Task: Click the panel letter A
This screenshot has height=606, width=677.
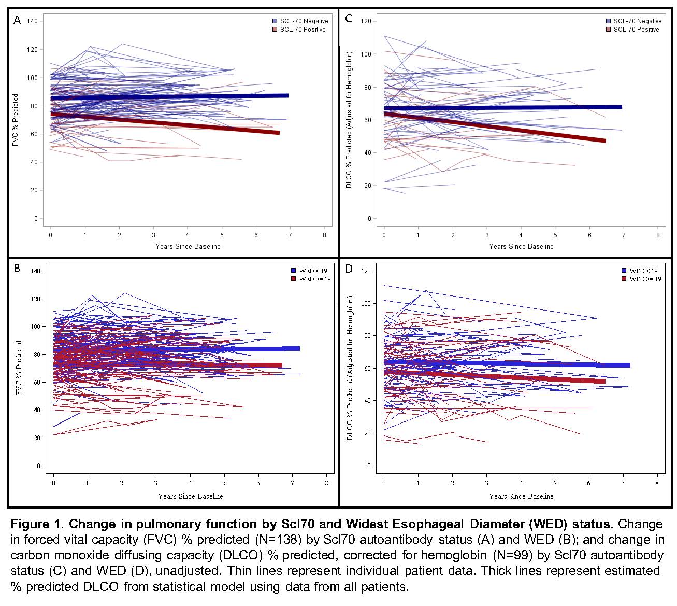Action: click(x=17, y=20)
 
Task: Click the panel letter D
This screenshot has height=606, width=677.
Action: click(x=349, y=269)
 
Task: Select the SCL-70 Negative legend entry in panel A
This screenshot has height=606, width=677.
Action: click(x=300, y=21)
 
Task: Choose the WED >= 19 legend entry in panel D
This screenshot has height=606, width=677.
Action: click(x=641, y=279)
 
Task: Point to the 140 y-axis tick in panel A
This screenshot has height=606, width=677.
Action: click(x=32, y=21)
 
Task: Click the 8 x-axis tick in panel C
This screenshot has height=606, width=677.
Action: click(x=658, y=235)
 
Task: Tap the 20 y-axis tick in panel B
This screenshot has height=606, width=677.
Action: click(x=37, y=438)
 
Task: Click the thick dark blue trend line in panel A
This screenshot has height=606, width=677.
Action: click(x=171, y=97)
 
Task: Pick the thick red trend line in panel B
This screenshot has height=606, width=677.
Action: click(x=171, y=365)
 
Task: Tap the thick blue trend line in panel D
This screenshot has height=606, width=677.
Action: click(x=508, y=364)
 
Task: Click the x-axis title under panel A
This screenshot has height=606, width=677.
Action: click(x=188, y=246)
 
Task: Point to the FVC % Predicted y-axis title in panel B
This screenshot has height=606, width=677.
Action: click(x=19, y=368)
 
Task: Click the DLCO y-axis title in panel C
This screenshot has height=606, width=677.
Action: click(x=350, y=119)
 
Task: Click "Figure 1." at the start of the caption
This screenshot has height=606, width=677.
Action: click(x=36, y=524)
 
